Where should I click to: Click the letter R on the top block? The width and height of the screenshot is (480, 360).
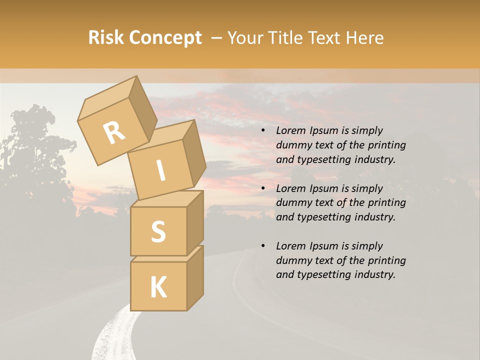click(114, 133)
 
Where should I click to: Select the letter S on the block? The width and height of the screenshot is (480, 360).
click(158, 231)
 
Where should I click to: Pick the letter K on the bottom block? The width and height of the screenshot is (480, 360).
click(158, 287)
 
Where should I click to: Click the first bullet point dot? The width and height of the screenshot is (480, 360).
click(263, 131)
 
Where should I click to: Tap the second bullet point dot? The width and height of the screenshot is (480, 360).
click(263, 189)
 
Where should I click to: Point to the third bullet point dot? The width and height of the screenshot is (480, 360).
click(263, 246)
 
